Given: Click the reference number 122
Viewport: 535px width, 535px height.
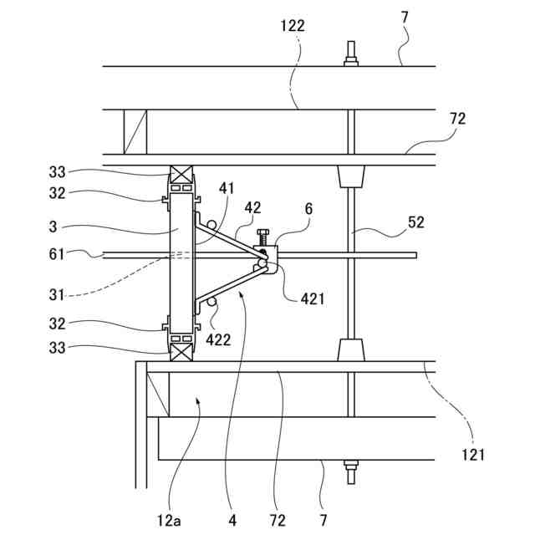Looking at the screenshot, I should pos(293,26).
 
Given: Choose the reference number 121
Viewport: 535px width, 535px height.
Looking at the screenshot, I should pos(473,455).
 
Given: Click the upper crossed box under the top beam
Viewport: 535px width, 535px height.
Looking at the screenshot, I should pos(182,176).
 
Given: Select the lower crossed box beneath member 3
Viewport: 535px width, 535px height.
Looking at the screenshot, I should pos(182,349).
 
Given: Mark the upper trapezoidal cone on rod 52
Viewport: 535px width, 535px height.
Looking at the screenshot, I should pos(351,176).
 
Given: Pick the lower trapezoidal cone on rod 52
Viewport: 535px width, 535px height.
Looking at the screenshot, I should pos(351,349).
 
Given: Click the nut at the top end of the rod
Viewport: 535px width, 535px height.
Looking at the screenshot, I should pos(351,59).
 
